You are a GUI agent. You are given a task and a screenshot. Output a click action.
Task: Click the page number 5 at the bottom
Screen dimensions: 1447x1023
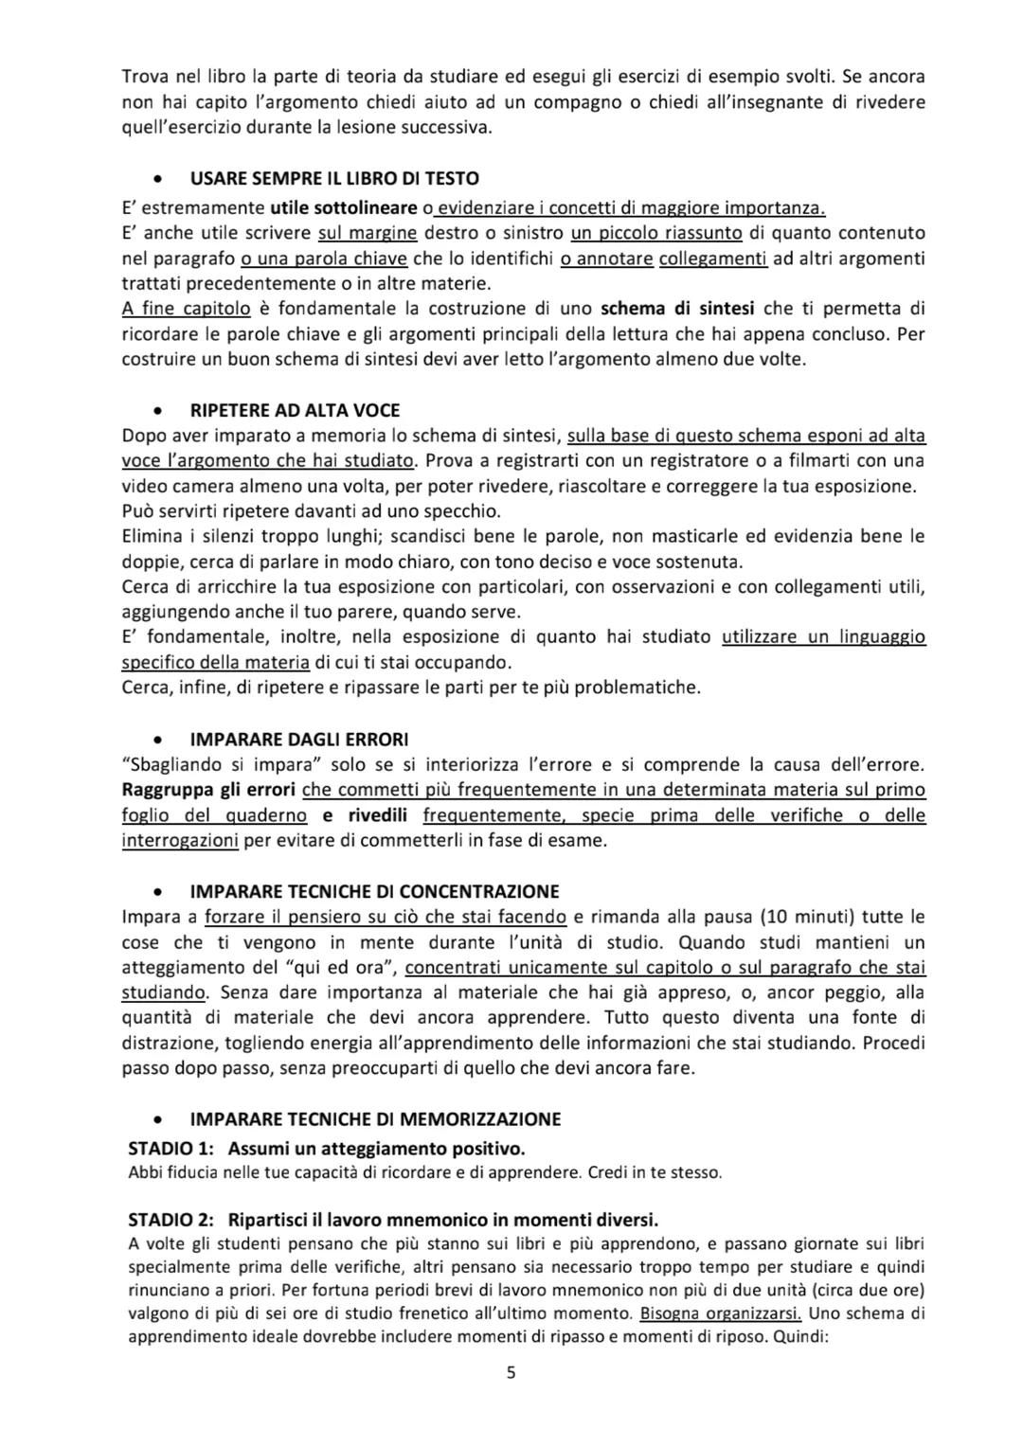coord(511,1373)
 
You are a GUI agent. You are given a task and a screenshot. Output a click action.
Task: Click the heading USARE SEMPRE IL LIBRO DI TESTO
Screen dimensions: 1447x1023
coord(333,178)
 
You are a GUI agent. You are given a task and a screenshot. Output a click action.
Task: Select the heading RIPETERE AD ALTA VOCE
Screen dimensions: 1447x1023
coord(295,410)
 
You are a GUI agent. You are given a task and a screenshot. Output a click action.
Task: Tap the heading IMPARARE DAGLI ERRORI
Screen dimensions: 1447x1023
coord(299,739)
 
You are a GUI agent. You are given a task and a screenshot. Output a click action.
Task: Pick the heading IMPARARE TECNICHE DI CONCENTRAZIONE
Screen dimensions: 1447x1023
coord(374,891)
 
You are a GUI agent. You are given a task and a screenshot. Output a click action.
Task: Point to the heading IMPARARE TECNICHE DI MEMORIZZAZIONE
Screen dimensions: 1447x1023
coord(375,1118)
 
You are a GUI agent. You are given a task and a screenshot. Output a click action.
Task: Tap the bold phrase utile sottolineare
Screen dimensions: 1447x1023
coord(343,207)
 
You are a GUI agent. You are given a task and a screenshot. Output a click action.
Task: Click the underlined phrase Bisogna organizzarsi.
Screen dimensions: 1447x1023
coord(721,1313)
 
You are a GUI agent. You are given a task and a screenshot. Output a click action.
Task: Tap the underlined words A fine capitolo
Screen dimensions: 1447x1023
coord(187,308)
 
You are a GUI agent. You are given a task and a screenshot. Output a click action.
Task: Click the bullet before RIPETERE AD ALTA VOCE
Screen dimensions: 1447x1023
coord(162,411)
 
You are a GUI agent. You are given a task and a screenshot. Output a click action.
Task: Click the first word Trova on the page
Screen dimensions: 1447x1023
coord(144,76)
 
